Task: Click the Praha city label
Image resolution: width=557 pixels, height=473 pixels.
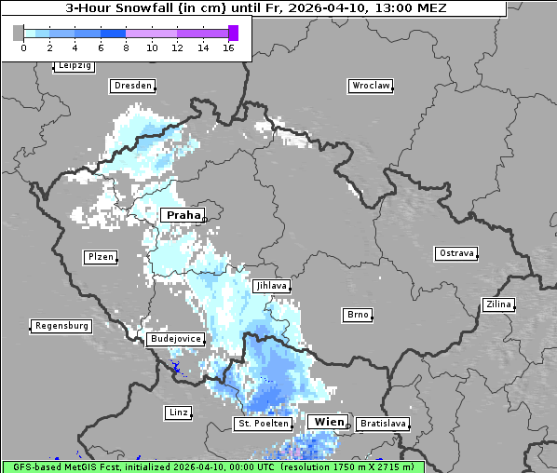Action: (x=183, y=215)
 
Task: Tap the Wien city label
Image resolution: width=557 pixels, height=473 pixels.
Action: (x=328, y=422)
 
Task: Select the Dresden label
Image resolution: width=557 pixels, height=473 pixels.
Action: (x=132, y=86)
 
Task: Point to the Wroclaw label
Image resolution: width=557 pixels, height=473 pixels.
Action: (x=371, y=86)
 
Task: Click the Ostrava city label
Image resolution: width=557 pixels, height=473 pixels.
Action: (x=456, y=253)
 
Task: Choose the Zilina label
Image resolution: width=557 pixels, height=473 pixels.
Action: (x=498, y=304)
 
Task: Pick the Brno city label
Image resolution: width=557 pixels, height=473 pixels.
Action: (x=358, y=315)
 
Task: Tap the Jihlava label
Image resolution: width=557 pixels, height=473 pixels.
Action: (x=270, y=287)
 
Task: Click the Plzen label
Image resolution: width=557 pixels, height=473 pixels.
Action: (x=100, y=257)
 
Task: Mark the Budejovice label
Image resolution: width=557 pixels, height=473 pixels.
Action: (x=175, y=339)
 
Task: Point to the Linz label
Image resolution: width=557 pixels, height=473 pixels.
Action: (x=177, y=412)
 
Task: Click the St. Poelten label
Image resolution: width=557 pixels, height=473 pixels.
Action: (x=264, y=424)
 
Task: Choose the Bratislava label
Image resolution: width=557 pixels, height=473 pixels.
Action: (x=383, y=424)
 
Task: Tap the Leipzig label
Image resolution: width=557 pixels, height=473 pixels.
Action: (x=75, y=66)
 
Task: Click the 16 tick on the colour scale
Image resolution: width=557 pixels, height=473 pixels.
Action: (x=228, y=47)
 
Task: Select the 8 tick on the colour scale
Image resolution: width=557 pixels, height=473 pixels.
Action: (x=126, y=47)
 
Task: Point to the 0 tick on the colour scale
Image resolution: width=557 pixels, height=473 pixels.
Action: (x=23, y=47)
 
